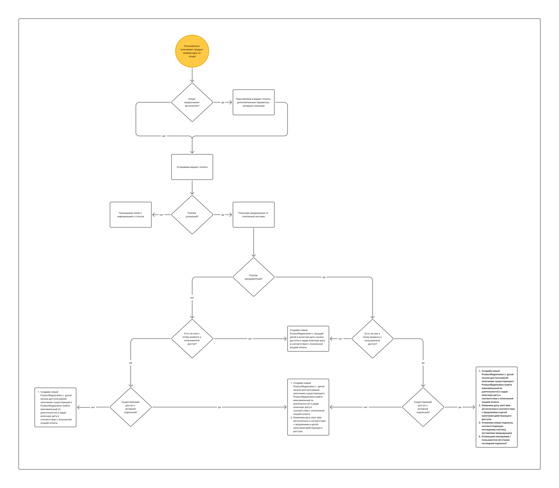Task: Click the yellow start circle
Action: click(x=192, y=51)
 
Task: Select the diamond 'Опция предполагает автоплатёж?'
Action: click(x=192, y=102)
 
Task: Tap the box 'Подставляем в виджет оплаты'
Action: click(x=254, y=102)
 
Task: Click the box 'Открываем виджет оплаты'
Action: click(x=192, y=167)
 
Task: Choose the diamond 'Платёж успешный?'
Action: click(x=192, y=215)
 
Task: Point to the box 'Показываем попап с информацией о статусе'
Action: click(x=131, y=215)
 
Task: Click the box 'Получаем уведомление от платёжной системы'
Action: click(x=254, y=215)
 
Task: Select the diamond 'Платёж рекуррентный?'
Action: click(x=254, y=277)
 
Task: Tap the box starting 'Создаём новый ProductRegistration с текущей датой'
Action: click(x=308, y=339)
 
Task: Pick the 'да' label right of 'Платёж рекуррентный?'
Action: click(x=324, y=277)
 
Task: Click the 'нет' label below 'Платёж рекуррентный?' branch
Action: click(x=192, y=298)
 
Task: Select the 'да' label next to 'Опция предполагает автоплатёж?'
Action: click(x=223, y=102)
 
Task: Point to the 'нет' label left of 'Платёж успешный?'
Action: click(x=161, y=215)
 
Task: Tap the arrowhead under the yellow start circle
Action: click(x=192, y=80)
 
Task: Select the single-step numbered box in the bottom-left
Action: click(x=56, y=407)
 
